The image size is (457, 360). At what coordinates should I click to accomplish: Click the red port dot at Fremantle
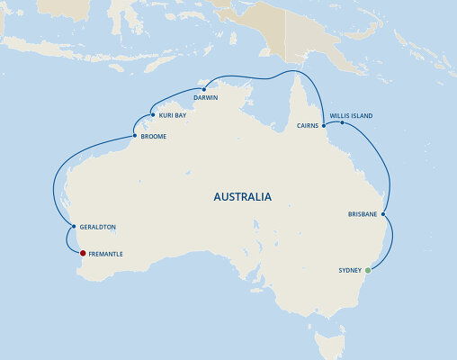click(83, 254)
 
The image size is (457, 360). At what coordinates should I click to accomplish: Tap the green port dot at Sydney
click(368, 270)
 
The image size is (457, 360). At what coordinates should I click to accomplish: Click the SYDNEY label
click(349, 270)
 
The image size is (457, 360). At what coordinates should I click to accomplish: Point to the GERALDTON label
click(98, 227)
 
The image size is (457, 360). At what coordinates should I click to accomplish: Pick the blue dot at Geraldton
click(73, 226)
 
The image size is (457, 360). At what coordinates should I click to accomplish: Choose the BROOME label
click(154, 137)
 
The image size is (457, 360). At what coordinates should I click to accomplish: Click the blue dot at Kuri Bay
click(152, 115)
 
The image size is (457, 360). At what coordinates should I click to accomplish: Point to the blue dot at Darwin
click(205, 90)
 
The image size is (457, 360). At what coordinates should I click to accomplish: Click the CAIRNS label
click(308, 127)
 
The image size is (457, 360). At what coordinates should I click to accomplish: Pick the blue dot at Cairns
click(324, 126)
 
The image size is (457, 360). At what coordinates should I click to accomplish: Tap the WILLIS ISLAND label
click(351, 116)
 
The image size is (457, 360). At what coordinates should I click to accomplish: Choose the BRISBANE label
click(363, 214)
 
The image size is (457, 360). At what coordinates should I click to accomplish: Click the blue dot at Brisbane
click(384, 214)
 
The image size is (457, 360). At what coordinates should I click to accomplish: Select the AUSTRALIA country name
click(243, 196)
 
